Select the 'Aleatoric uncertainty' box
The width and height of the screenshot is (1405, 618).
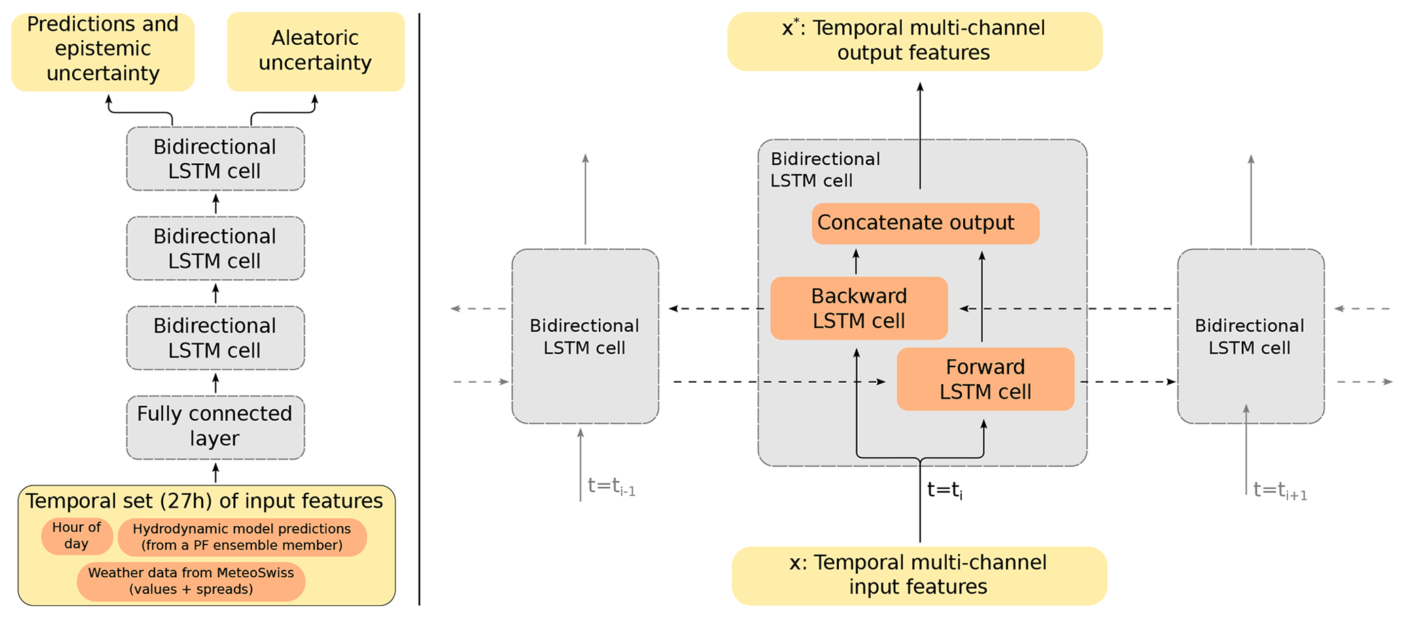(x=315, y=51)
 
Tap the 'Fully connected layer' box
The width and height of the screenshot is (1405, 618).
(x=215, y=427)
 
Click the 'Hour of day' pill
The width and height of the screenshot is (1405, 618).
(x=77, y=536)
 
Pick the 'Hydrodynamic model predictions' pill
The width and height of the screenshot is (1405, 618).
(x=242, y=537)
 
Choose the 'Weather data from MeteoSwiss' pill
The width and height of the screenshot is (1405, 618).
(x=191, y=581)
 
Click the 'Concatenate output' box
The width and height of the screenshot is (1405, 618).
(x=924, y=223)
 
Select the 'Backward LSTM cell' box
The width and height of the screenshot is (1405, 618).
(x=858, y=308)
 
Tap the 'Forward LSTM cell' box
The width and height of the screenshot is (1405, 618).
(x=985, y=379)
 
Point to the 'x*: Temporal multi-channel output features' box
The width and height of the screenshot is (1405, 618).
(x=914, y=41)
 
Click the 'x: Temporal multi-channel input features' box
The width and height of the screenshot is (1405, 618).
(x=918, y=575)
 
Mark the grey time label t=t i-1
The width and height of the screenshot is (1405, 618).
(x=611, y=487)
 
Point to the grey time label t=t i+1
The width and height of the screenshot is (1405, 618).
(x=1280, y=490)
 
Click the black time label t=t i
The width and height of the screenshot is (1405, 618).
(x=945, y=490)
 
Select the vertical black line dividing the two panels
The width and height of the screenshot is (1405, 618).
(x=419, y=309)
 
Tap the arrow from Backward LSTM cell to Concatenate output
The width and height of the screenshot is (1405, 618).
(x=856, y=262)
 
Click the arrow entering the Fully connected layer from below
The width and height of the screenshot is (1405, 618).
(x=215, y=473)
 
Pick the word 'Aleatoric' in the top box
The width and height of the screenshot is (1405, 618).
(x=315, y=38)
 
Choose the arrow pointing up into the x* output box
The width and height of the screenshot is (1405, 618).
(x=920, y=136)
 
